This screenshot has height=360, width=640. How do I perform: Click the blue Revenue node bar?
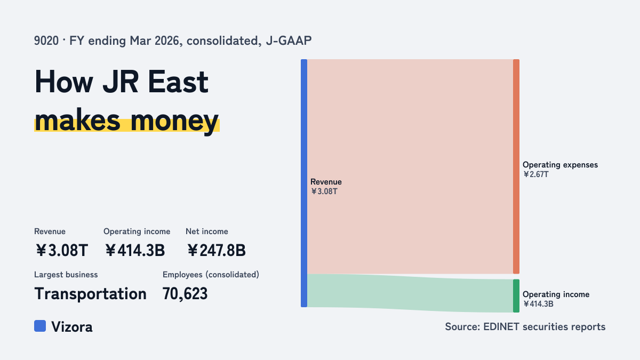(x=304, y=183)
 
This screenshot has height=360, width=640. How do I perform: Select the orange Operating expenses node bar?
(x=516, y=166)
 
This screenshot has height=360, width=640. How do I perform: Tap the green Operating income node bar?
(x=516, y=295)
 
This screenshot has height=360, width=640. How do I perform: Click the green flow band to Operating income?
(x=410, y=292)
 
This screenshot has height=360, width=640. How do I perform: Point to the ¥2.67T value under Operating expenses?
(x=535, y=174)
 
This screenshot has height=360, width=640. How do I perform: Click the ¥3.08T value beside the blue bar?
(x=324, y=191)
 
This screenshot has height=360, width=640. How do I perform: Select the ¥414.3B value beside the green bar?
(x=538, y=304)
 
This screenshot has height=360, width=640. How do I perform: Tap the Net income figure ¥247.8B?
(x=217, y=250)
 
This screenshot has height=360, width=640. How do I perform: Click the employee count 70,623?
(x=185, y=294)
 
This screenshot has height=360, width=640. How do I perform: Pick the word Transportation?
(x=90, y=294)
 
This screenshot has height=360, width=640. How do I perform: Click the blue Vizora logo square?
(x=40, y=326)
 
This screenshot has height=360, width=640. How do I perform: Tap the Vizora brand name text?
(x=72, y=327)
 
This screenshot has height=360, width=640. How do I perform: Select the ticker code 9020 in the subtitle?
(x=46, y=41)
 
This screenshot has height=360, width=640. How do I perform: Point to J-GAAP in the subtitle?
(x=289, y=41)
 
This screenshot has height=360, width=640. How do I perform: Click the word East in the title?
(x=178, y=82)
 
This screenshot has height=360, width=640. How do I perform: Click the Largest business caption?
(x=66, y=275)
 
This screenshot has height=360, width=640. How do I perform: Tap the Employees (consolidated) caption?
(x=211, y=275)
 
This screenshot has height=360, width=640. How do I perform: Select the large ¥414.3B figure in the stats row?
(x=134, y=250)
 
